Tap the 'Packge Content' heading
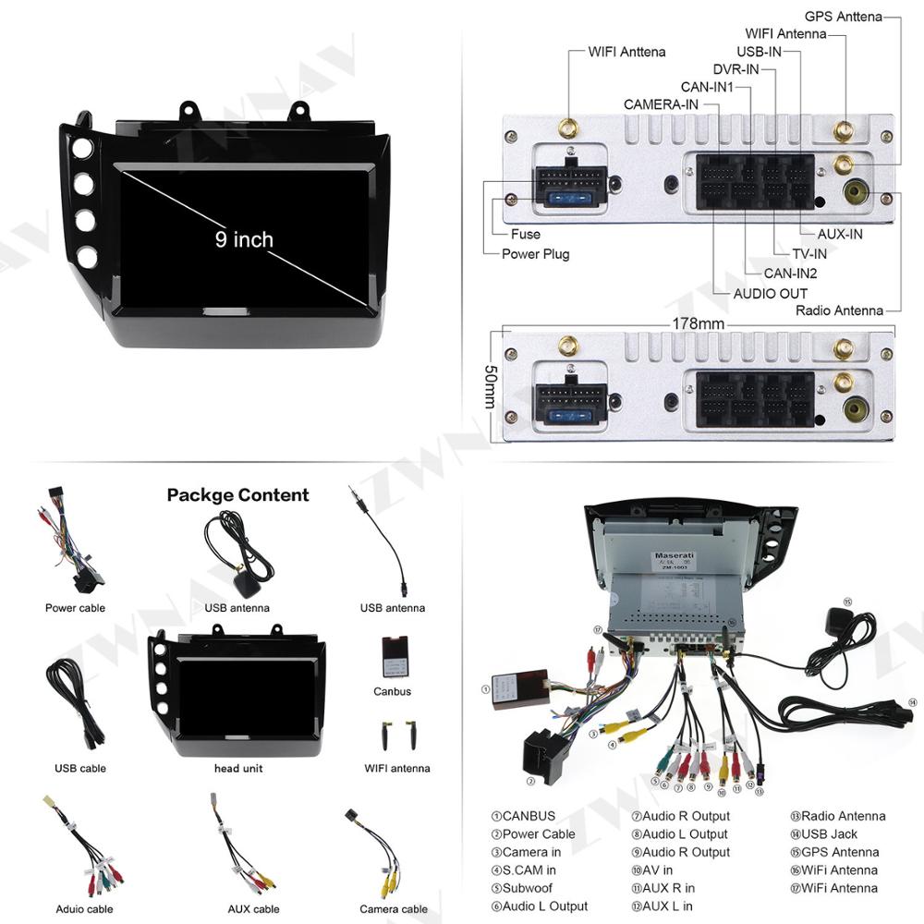point(237,495)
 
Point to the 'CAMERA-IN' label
point(661,104)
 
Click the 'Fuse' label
point(526,234)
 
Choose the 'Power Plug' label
point(535,254)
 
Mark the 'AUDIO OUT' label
point(771,294)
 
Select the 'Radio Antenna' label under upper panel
point(839,310)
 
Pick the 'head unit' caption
point(239,768)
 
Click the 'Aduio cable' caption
point(84,909)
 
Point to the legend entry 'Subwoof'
point(527,888)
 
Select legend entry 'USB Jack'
point(829,834)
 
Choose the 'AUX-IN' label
point(840,234)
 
